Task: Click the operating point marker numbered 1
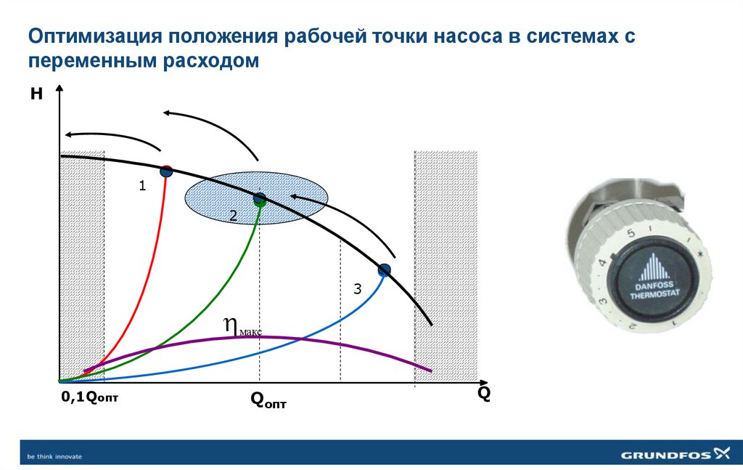(x=166, y=171)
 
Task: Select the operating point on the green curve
(x=259, y=199)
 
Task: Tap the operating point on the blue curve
(x=384, y=270)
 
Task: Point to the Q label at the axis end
(x=483, y=394)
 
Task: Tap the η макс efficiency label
(x=239, y=327)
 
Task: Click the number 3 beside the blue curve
(x=357, y=289)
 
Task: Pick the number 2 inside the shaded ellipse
(x=233, y=215)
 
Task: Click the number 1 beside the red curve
(x=143, y=186)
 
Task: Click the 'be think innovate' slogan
(x=54, y=456)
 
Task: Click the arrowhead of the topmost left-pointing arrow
(x=167, y=113)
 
